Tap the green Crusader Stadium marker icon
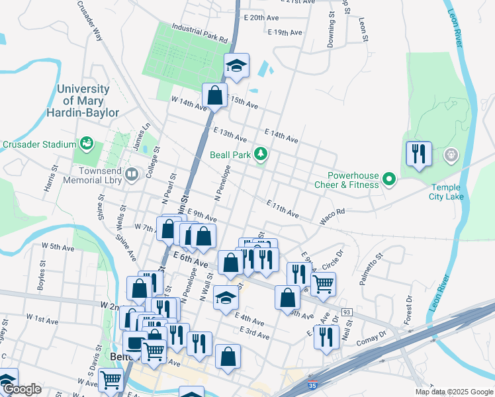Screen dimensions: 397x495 click(x=86, y=143)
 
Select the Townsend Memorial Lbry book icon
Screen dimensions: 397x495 click(x=132, y=175)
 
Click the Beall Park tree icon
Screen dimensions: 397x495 click(x=262, y=154)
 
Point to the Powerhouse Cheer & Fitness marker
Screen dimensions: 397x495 click(x=389, y=179)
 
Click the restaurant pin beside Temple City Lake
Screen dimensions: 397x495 click(x=419, y=154)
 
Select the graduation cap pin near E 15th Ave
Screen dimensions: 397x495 click(x=236, y=66)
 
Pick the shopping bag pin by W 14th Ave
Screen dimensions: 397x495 click(x=215, y=95)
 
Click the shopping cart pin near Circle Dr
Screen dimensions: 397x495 click(x=323, y=285)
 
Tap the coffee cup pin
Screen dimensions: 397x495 click(x=136, y=343)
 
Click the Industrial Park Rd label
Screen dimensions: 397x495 click(x=199, y=30)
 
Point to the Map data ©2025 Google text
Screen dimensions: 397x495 click(x=454, y=392)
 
